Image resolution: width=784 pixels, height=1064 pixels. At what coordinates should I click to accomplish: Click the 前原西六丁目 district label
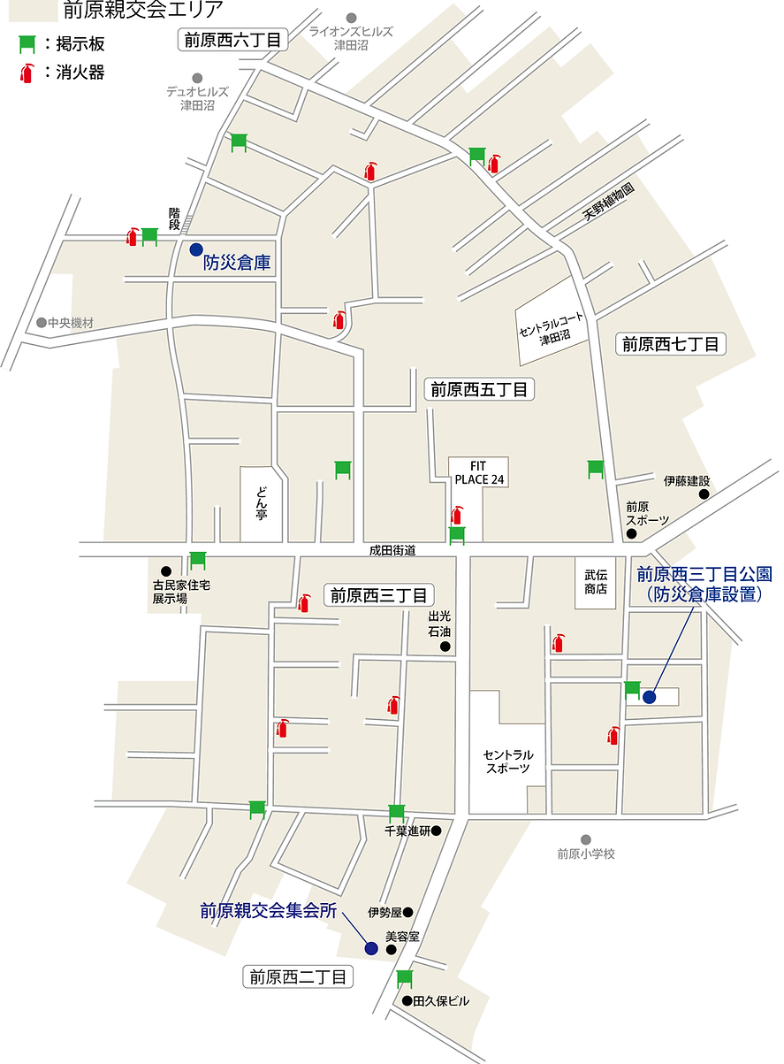(233, 40)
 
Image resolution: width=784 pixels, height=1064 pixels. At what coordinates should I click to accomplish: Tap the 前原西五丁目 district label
(479, 389)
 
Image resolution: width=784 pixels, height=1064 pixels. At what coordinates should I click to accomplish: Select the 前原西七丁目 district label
(671, 344)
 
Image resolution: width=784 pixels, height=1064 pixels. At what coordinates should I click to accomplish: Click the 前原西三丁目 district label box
(379, 595)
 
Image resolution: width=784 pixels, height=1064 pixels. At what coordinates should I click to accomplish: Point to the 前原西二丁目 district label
(298, 977)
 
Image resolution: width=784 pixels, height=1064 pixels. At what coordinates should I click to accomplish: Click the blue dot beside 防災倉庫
(196, 249)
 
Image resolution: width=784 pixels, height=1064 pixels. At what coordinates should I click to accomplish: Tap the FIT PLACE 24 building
(477, 472)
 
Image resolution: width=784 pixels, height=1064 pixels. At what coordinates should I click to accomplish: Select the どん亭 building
(262, 502)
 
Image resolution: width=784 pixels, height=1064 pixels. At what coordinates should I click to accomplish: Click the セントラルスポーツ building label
(508, 762)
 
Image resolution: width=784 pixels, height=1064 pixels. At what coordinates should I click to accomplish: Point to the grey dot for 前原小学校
(585, 839)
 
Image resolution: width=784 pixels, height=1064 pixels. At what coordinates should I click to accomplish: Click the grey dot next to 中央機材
(41, 323)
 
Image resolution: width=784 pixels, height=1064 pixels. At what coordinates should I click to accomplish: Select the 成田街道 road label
(392, 550)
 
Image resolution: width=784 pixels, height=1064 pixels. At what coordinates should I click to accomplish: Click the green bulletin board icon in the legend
(28, 43)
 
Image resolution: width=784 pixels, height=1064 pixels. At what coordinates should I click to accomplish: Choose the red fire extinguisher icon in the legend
(28, 73)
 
